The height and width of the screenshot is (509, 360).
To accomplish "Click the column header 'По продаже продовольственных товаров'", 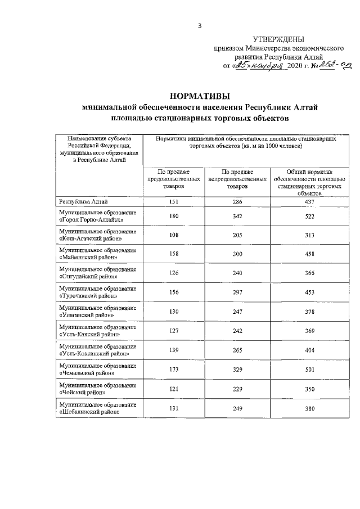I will coord(174,178).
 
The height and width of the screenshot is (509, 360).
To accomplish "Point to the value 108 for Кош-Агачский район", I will coord(174,236).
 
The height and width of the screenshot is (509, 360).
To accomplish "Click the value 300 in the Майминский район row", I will coord(237,254).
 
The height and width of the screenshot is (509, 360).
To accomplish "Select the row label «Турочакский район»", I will coord(88,295).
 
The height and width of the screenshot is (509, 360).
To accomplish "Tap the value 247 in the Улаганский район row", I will coord(237,312).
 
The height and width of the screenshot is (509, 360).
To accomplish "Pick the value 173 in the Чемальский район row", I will coord(174,369).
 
